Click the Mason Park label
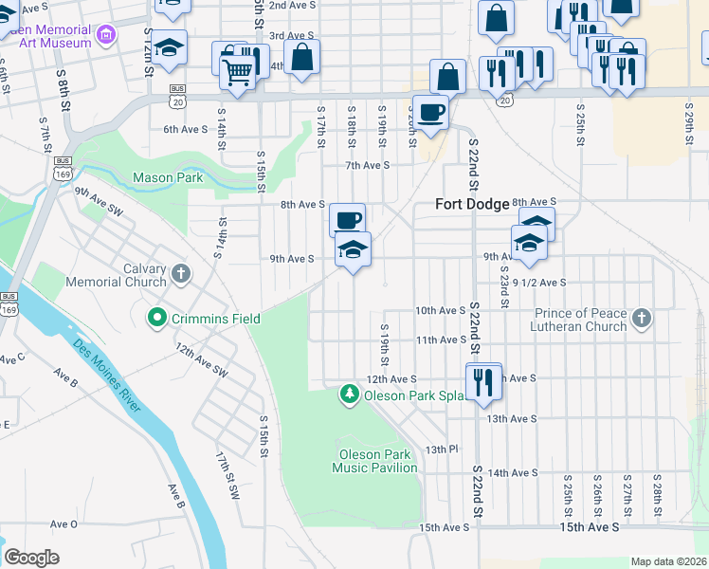click(168, 177)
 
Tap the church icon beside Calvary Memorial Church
click(180, 275)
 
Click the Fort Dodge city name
click(472, 204)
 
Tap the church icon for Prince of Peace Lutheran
click(642, 319)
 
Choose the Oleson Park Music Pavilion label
click(374, 461)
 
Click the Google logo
click(31, 558)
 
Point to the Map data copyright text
click(668, 561)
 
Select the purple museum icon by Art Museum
click(106, 36)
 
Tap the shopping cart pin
click(236, 69)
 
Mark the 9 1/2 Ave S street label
click(538, 283)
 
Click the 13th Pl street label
click(442, 449)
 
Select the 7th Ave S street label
click(368, 165)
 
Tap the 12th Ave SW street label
click(202, 358)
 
